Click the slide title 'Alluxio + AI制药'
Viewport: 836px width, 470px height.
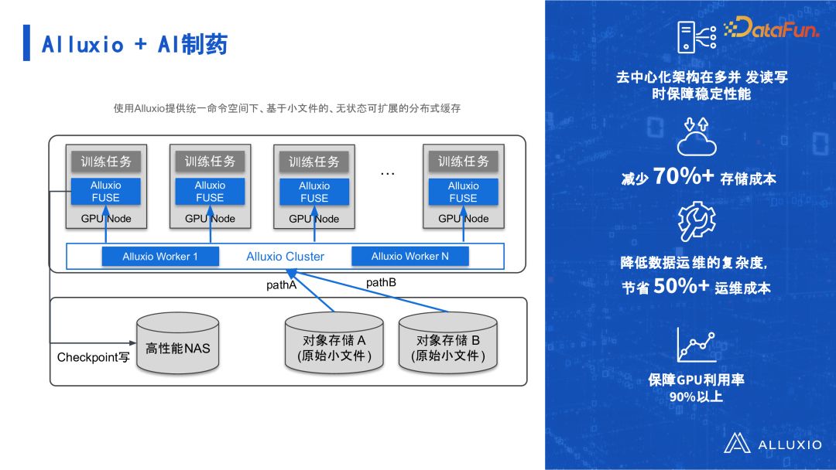(135, 44)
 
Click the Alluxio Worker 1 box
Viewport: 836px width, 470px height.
(160, 256)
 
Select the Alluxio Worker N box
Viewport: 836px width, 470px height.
(409, 256)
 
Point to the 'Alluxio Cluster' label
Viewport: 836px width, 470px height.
(285, 257)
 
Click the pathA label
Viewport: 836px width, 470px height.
(282, 285)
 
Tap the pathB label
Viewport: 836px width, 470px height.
(381, 283)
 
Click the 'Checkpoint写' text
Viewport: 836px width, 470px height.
(94, 357)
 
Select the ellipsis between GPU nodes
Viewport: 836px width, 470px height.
(387, 173)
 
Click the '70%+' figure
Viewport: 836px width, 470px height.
(684, 176)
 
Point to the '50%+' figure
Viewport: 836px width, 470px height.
(681, 286)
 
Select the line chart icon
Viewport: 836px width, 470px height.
(695, 345)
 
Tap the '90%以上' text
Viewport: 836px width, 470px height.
(696, 397)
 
